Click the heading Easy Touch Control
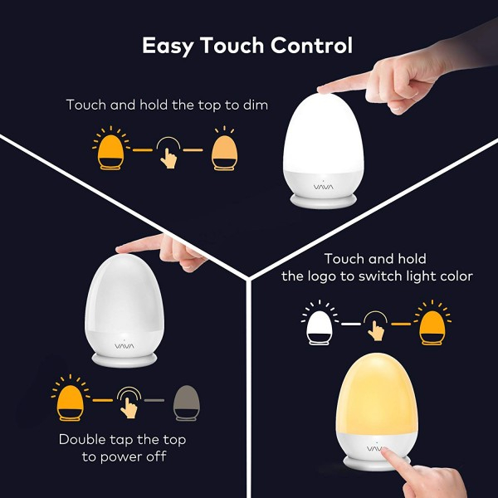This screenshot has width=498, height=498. (247, 45)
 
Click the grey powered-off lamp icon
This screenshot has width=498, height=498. (187, 402)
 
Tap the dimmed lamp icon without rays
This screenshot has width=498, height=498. (222, 152)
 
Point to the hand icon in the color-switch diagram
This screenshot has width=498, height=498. (376, 326)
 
